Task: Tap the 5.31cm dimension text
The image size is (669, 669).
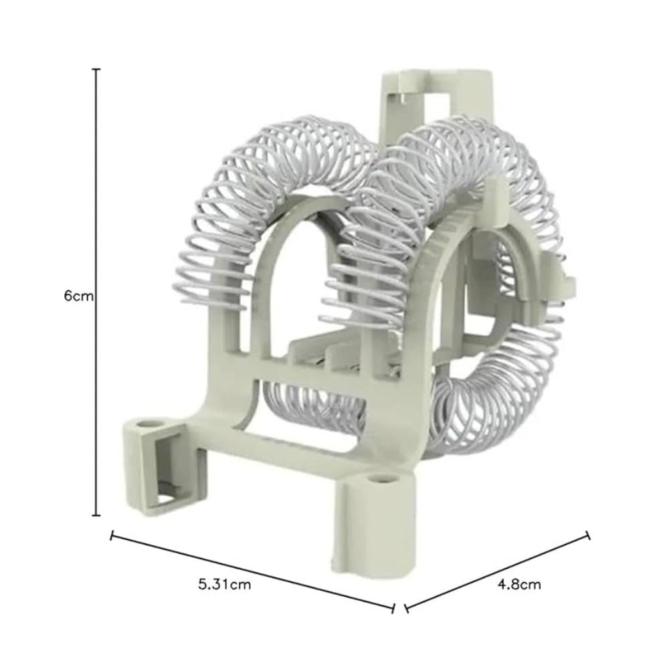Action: (224, 584)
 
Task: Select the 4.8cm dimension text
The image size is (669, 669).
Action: (519, 584)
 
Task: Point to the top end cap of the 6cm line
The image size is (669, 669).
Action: (96, 69)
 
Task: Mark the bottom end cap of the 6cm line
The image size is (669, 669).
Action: (96, 515)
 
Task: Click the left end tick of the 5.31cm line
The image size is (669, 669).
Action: (112, 535)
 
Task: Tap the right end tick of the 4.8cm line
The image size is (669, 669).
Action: (588, 535)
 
